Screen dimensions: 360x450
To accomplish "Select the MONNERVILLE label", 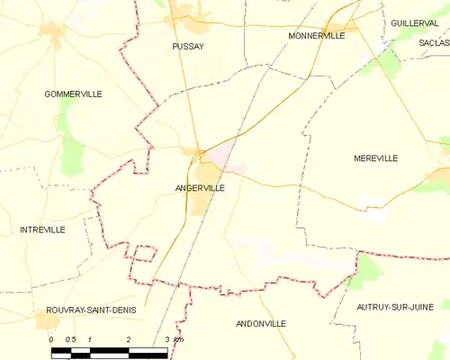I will pyautogui.click(x=316, y=35).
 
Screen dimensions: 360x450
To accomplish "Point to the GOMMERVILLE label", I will pyautogui.click(x=73, y=94).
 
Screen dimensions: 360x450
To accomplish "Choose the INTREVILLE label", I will pyautogui.click(x=42, y=229).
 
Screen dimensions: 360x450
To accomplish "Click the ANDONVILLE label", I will pyautogui.click(x=260, y=323).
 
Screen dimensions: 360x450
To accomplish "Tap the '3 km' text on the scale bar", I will pyautogui.click(x=173, y=338).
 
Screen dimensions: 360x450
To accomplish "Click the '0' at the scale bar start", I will pyautogui.click(x=51, y=338).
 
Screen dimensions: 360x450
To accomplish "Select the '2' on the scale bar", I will pyautogui.click(x=129, y=338).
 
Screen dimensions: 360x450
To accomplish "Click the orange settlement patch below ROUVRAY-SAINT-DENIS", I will pyautogui.click(x=47, y=321).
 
